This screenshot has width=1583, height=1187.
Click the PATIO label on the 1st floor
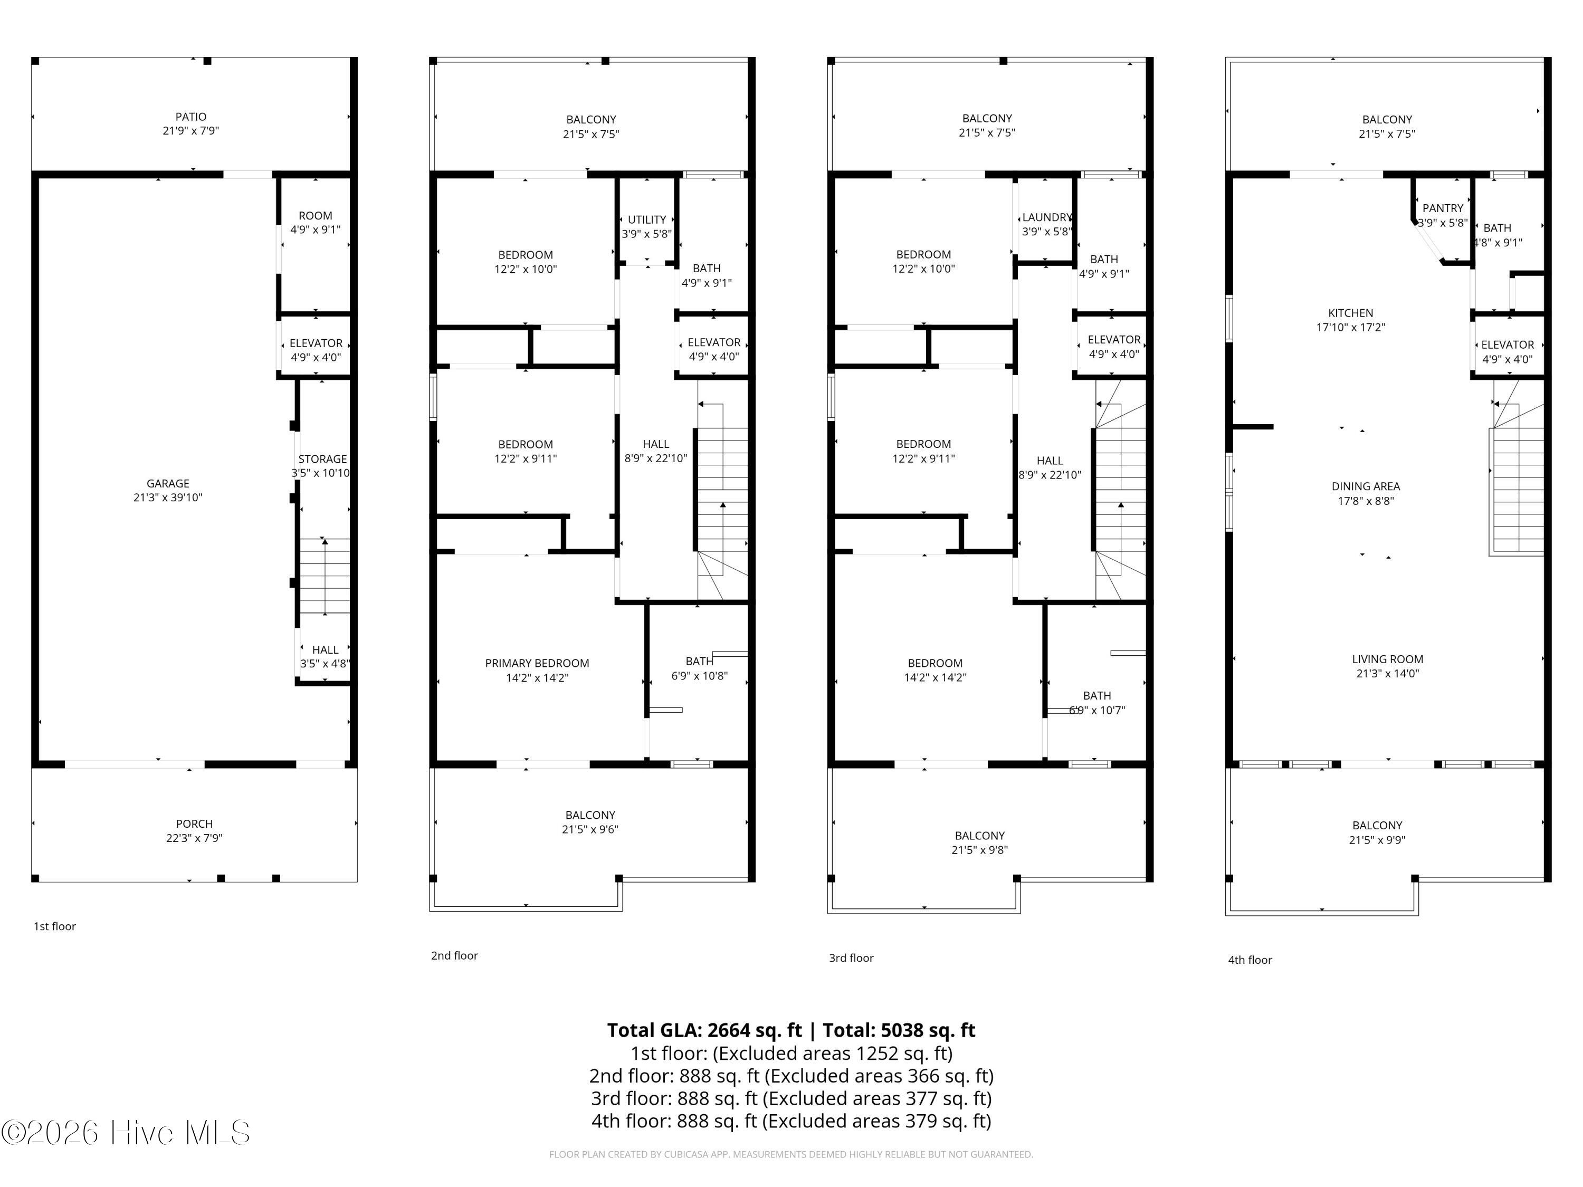pos(190,117)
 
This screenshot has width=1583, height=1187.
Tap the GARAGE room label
pos(168,484)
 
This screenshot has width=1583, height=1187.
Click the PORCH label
pos(195,824)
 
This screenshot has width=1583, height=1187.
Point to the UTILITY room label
pos(647,219)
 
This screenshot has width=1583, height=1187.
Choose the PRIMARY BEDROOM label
pos(538,663)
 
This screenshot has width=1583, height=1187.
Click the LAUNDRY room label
pos(1047,217)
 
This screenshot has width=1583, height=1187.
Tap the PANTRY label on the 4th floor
pos(1443,208)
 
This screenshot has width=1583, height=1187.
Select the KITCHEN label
pos(1350,313)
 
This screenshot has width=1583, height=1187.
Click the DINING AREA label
pos(1366,486)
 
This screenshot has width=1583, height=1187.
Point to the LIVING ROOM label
pos(1388,659)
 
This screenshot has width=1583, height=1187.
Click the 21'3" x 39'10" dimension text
pos(168,498)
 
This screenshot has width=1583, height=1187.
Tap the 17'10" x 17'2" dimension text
pos(1350,328)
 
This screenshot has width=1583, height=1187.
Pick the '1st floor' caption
pos(54,926)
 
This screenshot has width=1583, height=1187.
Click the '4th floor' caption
pos(1250,960)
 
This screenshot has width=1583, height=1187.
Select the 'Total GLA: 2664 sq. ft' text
pos(705,1030)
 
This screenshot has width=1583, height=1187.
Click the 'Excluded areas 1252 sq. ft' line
pos(833,1053)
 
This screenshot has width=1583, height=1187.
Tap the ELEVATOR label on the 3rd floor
pos(1114,340)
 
